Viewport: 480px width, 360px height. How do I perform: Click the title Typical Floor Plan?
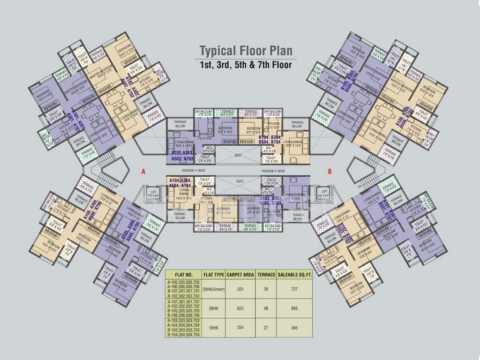coord(246,51)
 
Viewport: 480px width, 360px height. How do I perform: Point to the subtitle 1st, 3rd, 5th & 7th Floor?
coord(246,65)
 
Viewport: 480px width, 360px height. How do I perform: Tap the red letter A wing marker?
coord(143,172)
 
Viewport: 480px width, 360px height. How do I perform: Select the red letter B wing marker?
coord(330,172)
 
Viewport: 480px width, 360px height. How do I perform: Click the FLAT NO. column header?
coord(183,275)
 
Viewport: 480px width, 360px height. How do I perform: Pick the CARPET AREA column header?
coord(240,275)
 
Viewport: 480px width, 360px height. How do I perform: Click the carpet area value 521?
coord(240,289)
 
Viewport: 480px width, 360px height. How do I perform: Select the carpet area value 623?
coord(240,309)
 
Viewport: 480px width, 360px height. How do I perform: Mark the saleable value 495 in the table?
coord(294,328)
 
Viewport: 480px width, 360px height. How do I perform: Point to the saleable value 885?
coord(294,309)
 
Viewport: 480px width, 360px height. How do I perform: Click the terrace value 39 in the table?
coord(266,289)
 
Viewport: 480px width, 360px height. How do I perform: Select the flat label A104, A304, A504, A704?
coord(180,183)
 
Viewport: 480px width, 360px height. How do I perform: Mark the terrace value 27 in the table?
coord(266,328)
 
